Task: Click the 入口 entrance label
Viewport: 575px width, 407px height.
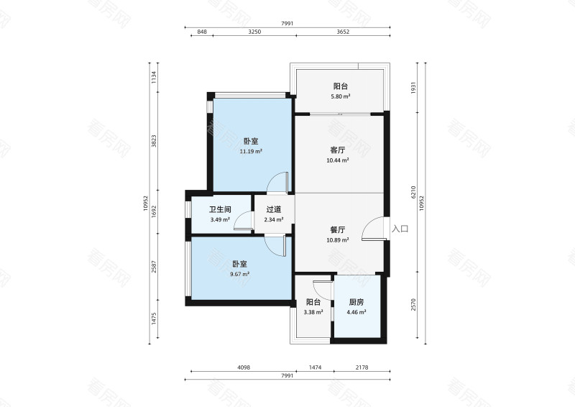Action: point(400,229)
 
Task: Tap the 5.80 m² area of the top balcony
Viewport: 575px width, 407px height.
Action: point(341,96)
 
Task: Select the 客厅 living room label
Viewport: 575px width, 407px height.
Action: point(338,150)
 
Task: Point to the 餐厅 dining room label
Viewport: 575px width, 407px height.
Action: point(338,230)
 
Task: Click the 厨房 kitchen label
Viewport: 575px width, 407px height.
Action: point(356,303)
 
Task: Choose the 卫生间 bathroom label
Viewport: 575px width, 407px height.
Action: point(220,209)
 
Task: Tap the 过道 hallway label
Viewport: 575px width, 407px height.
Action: point(274,209)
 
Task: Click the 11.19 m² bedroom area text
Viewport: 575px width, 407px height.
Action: point(251,151)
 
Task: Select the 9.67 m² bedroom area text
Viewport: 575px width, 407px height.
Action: point(240,274)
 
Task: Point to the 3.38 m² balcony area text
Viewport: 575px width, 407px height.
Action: point(313,312)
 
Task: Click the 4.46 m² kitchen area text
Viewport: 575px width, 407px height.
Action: point(356,312)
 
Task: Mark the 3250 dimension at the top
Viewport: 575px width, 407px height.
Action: point(254,32)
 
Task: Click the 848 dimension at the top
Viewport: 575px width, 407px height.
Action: point(202,32)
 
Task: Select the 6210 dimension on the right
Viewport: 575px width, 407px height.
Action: point(413,192)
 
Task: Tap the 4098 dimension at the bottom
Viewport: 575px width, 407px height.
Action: point(244,367)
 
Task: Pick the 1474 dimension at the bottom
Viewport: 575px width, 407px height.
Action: point(315,367)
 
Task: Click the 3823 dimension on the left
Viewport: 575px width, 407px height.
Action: point(154,141)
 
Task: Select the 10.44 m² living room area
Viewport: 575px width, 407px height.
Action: point(338,160)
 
